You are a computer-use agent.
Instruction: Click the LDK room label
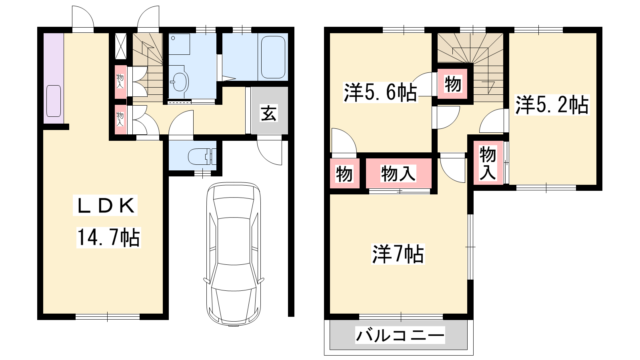105,206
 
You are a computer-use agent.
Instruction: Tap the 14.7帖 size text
108,237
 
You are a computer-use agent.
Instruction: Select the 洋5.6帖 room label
380,92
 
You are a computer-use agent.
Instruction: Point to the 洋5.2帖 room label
552,105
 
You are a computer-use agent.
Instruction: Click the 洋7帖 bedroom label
398,254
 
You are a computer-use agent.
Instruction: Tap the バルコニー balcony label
400,335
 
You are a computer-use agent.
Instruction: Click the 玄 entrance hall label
268,113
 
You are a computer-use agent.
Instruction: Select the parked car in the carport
234,254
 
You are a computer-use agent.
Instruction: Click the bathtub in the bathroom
273,57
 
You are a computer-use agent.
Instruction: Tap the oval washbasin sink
180,82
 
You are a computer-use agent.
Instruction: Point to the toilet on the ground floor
202,156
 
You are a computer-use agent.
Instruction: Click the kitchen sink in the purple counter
54,101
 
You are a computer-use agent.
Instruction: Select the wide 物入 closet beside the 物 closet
398,173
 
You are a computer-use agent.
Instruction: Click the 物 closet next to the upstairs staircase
452,84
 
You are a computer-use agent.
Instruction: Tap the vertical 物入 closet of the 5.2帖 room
488,162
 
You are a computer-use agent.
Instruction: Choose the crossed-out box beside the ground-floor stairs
120,46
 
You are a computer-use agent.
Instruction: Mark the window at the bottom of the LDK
108,317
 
